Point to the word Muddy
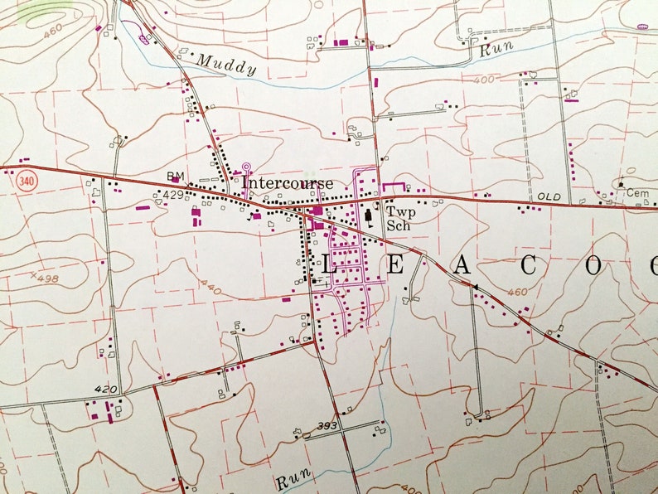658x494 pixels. [x=225, y=65]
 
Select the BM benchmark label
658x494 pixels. [x=174, y=176]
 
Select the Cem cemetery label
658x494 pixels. [x=637, y=192]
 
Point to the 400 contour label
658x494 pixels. [x=486, y=80]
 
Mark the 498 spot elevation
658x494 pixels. [x=46, y=278]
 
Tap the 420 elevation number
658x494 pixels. [x=106, y=388]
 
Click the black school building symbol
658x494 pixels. [x=368, y=217]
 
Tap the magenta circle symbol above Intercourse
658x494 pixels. [x=245, y=167]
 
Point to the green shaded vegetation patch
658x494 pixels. [x=37, y=8]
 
